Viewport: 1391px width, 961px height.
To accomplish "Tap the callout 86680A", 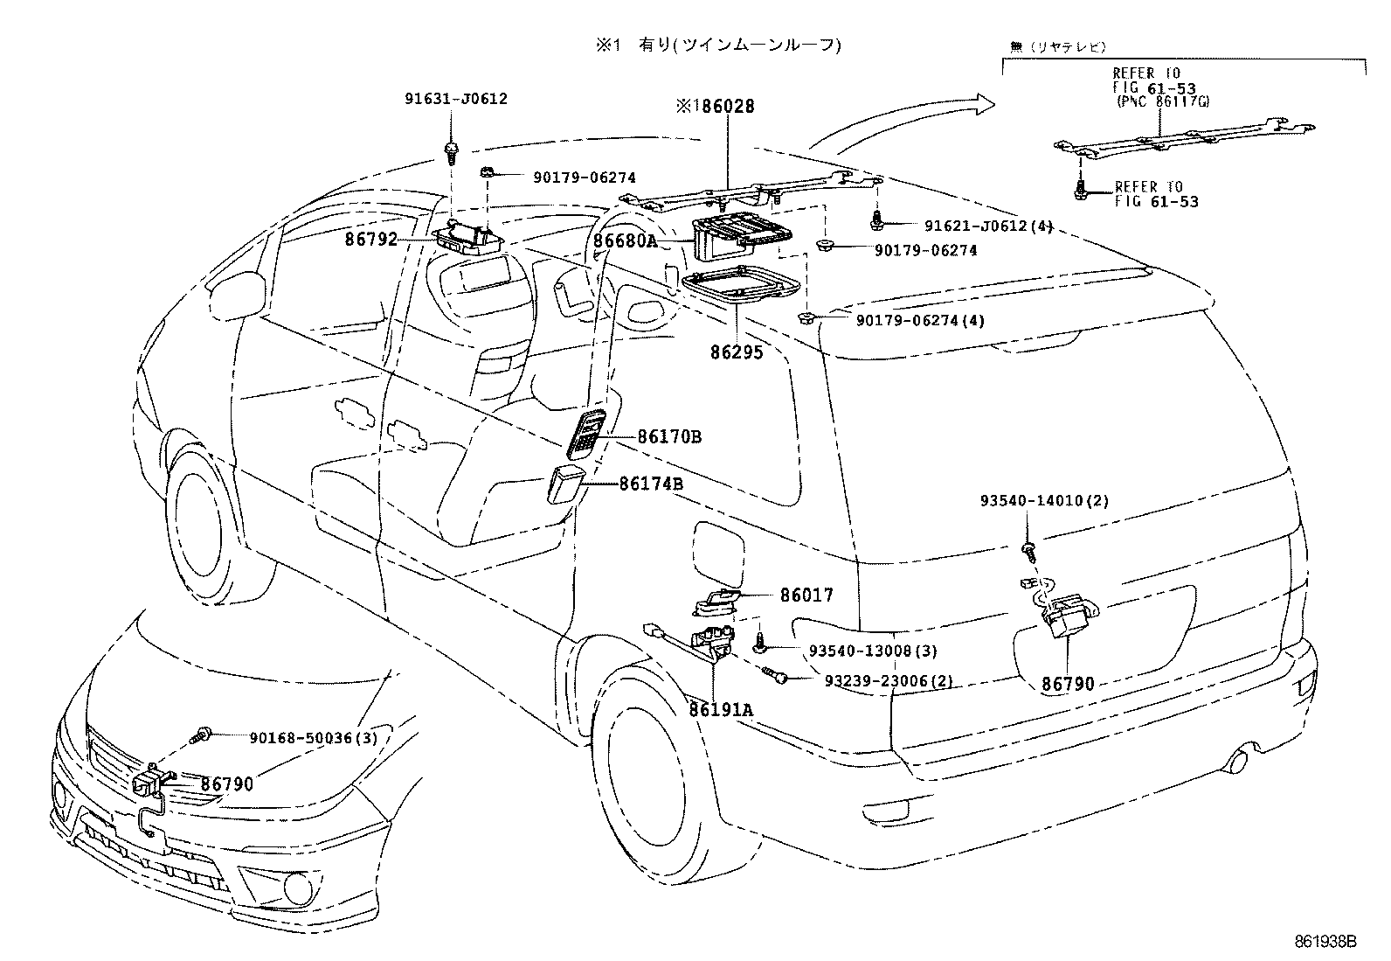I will click(x=625, y=241).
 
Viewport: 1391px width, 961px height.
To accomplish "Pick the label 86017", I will click(x=806, y=595).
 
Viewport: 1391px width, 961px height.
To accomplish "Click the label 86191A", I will click(x=720, y=710).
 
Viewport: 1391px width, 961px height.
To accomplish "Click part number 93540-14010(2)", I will click(x=1044, y=501).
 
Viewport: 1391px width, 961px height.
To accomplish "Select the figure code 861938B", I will click(x=1325, y=942).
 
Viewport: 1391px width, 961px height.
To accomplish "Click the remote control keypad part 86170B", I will click(x=583, y=432).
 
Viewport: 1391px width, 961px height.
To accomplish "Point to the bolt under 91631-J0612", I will click(x=452, y=154).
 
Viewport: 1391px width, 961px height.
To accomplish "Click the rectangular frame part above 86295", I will click(x=741, y=288).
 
